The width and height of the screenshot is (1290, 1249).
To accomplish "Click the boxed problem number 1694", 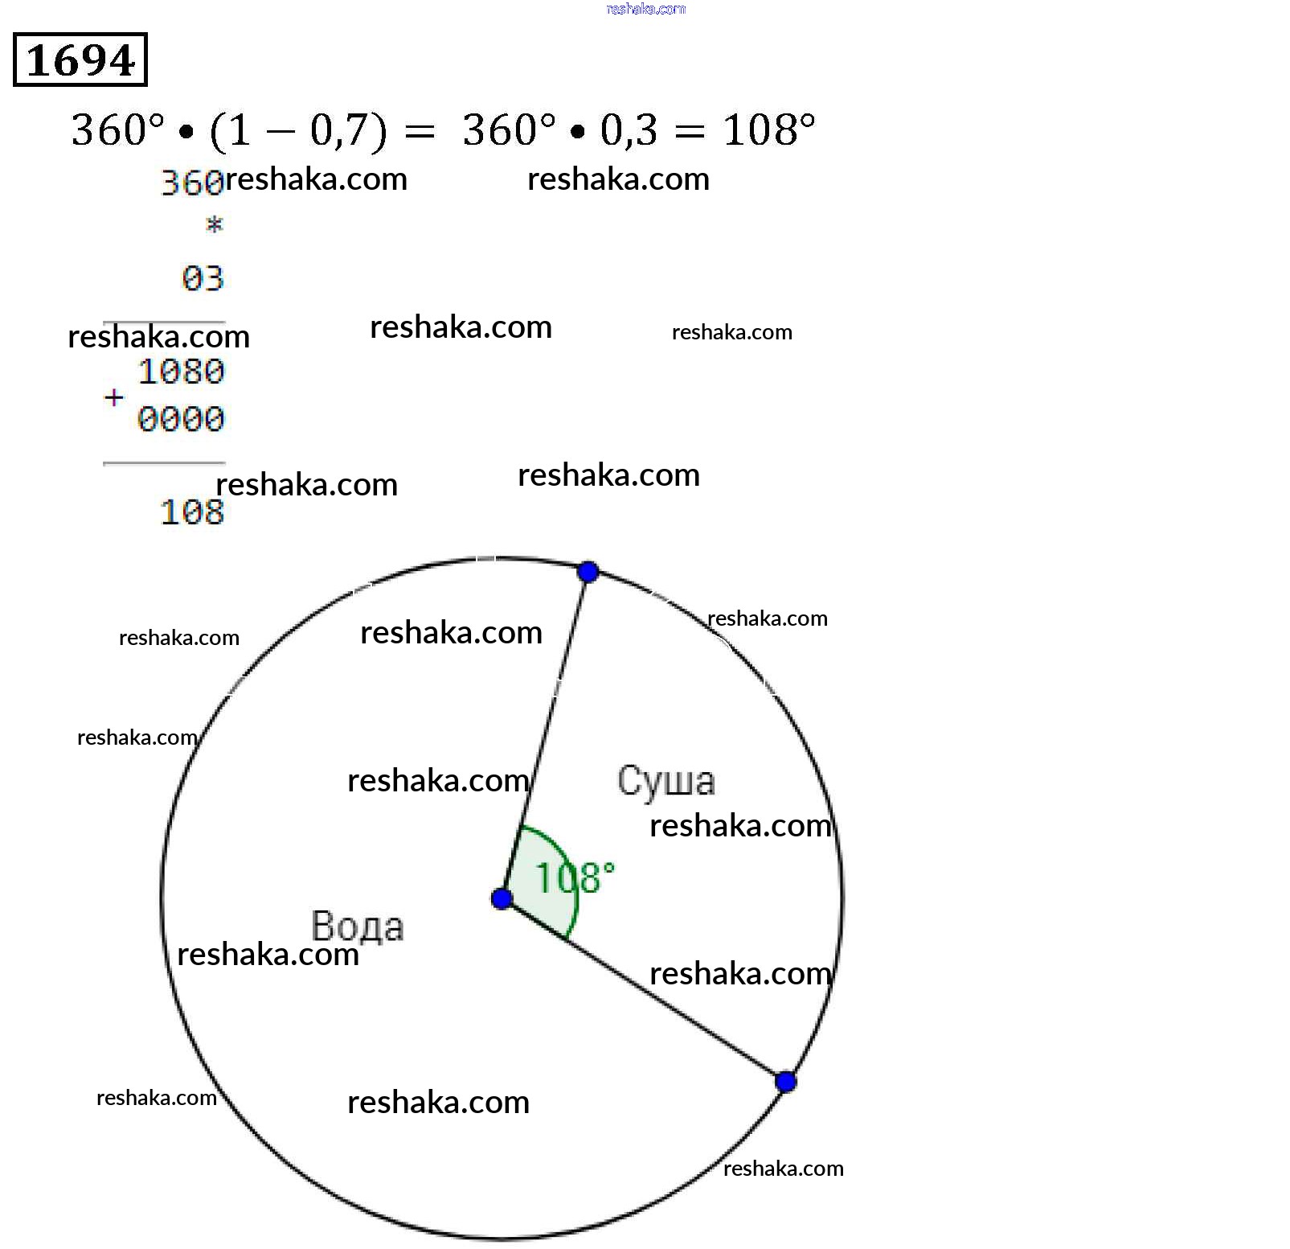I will tap(80, 60).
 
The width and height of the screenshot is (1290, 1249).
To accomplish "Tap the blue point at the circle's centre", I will tap(502, 898).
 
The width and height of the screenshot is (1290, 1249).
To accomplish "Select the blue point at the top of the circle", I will tap(588, 572).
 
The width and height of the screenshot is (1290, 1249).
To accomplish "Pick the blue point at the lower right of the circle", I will tap(786, 1082).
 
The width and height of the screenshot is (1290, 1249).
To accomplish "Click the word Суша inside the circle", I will tap(665, 781).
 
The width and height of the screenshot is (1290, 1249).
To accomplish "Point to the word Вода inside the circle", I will tap(357, 926).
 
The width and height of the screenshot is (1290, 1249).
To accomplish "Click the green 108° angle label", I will tap(574, 877).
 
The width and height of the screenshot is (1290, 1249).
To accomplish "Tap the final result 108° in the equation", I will tap(768, 129).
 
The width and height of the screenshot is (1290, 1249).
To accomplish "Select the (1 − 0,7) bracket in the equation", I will tap(297, 131).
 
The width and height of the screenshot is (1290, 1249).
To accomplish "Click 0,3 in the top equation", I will tap(629, 130).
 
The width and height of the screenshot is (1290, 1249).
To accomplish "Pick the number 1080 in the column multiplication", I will tap(181, 372).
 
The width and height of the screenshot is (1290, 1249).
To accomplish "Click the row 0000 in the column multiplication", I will tap(181, 419).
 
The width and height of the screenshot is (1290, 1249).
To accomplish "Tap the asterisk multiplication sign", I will tap(214, 225).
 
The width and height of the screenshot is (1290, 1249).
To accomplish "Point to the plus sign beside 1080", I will tap(114, 397).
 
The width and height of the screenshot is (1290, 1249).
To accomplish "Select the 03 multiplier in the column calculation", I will tap(203, 279).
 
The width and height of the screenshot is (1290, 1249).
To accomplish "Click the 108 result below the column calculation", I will tap(191, 512).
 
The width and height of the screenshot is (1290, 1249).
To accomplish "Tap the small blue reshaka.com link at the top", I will tap(646, 9).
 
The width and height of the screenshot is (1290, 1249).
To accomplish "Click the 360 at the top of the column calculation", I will tap(191, 183).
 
